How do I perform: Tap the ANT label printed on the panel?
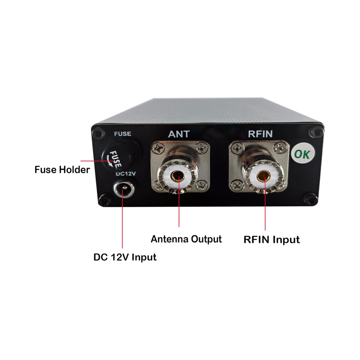(x=179, y=134)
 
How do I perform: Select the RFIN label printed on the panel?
(x=260, y=134)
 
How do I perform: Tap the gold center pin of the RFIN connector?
(x=263, y=176)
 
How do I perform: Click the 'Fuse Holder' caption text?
(x=62, y=170)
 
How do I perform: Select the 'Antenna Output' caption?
(x=186, y=239)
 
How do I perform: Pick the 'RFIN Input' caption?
(x=272, y=240)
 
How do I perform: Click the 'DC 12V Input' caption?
(x=125, y=257)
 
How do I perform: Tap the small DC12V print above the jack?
(x=125, y=174)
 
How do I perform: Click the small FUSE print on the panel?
(x=123, y=133)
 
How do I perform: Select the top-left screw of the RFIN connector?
(x=236, y=149)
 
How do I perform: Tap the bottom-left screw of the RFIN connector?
(x=236, y=185)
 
